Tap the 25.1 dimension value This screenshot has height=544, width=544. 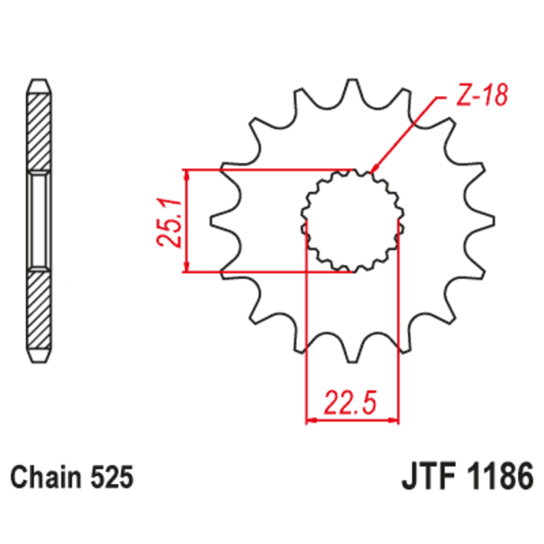pos(170,223)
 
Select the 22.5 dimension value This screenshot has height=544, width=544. pos(351,403)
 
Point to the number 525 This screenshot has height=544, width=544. pos(110,477)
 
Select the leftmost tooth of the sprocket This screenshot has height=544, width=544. pos(216,220)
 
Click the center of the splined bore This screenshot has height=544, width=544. pos(352,220)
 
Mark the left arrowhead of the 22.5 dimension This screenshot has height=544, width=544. pos(310,421)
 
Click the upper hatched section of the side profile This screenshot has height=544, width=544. pos(38,129)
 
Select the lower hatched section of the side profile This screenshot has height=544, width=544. pos(38,313)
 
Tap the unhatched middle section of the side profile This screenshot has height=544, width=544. pos(38,220)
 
